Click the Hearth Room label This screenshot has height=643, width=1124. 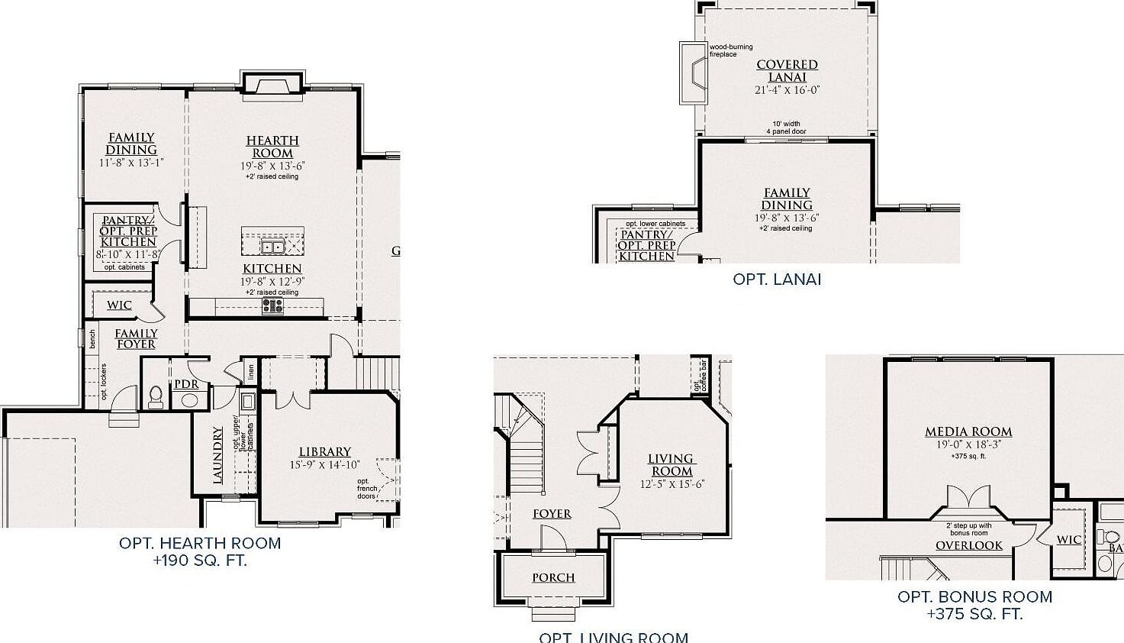272,147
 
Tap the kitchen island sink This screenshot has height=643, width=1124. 272,246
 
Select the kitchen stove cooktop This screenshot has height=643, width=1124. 272,306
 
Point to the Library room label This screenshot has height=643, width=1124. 325,452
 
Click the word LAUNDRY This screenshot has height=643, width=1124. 218,454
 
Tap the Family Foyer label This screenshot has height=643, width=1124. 136,338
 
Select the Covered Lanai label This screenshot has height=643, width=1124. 787,71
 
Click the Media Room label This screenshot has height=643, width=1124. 968,432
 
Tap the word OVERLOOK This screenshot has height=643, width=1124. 969,545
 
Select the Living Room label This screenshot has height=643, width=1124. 671,465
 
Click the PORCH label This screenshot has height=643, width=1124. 553,578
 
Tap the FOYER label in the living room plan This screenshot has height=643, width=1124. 552,514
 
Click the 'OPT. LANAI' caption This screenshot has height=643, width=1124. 777,279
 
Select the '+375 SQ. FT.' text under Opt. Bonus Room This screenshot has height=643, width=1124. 974,614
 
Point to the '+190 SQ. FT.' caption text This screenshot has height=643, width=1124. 200,561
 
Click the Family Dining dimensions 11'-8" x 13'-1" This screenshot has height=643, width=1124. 131,163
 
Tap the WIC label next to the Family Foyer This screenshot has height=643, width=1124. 119,305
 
